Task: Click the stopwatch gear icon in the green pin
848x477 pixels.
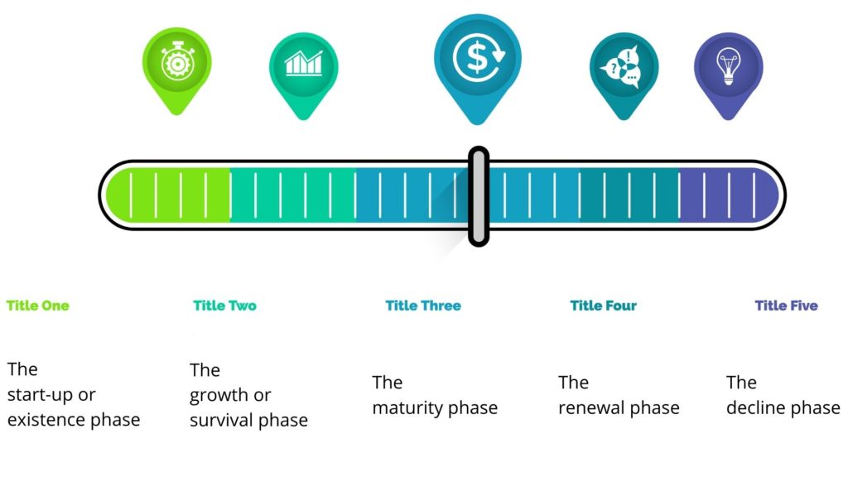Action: [177, 60]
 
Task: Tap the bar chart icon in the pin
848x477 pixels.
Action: [303, 63]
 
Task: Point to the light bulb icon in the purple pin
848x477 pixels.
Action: [728, 66]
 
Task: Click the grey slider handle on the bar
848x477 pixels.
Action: [479, 195]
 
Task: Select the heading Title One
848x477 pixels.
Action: [38, 306]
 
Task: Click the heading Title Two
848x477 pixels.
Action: [225, 306]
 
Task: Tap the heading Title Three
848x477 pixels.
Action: [423, 306]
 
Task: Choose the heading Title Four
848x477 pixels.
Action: [604, 306]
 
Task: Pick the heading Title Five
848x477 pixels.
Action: [787, 306]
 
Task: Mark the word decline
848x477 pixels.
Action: [756, 407]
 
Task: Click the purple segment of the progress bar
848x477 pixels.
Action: [728, 195]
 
